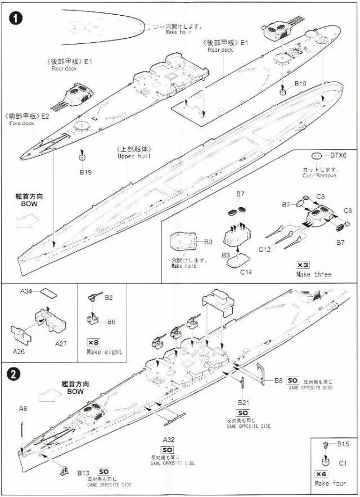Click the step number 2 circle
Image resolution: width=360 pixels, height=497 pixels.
12,373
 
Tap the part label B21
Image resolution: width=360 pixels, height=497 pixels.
243,403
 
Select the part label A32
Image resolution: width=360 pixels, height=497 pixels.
169,438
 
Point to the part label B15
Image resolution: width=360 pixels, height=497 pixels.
343,444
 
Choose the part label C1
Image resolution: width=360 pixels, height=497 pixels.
343,463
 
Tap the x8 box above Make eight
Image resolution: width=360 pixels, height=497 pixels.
93,342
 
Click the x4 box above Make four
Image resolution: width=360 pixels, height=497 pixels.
321,473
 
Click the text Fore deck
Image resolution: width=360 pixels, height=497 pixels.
22,123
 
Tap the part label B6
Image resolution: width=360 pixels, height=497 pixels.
111,321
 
